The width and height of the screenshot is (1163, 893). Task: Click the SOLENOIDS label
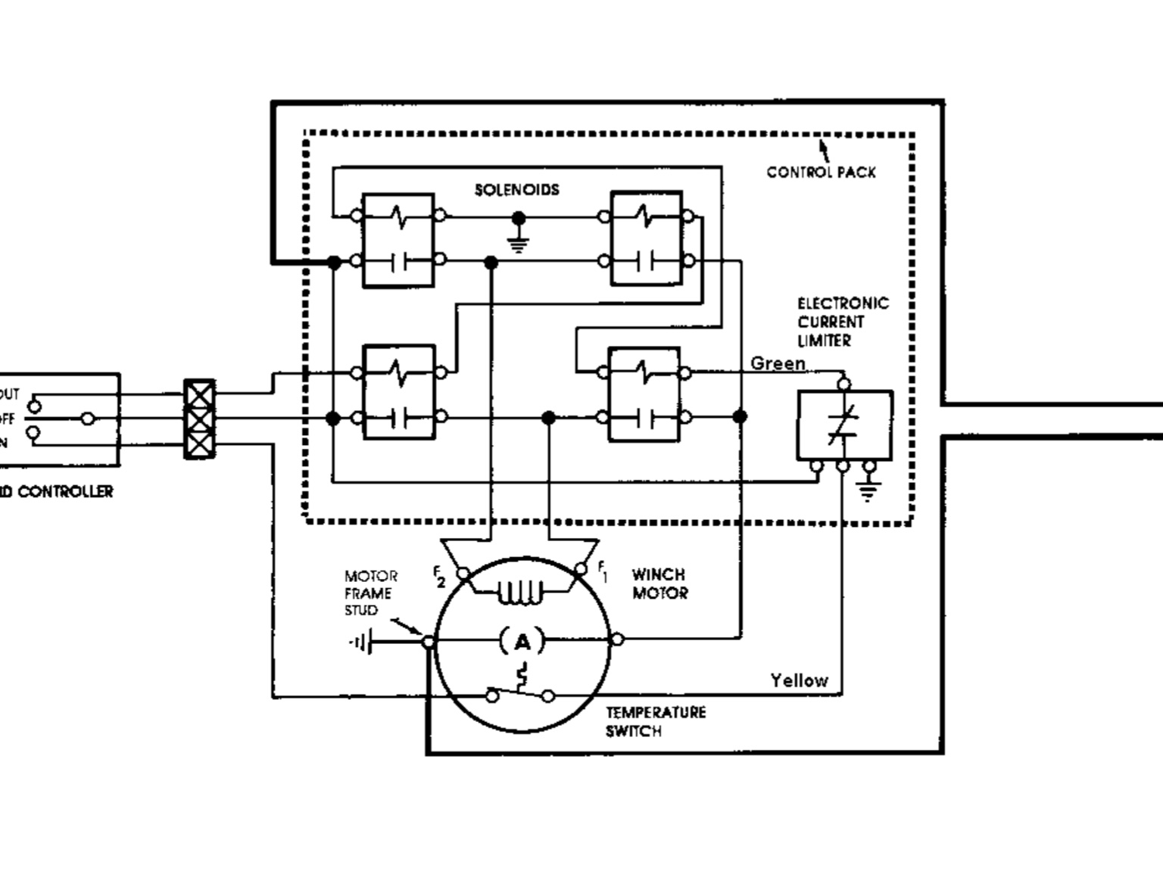click(x=517, y=189)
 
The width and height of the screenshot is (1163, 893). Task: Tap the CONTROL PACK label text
click(x=821, y=172)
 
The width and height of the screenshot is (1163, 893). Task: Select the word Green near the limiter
click(x=778, y=364)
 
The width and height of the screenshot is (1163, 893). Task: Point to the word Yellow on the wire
click(x=799, y=680)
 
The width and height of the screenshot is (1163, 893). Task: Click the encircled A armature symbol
click(x=522, y=643)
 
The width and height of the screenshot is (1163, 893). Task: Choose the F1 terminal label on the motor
click(x=603, y=571)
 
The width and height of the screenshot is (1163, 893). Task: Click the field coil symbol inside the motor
click(x=520, y=593)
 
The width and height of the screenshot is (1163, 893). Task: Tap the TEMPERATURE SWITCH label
click(x=655, y=721)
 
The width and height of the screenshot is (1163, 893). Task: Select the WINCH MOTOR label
click(x=659, y=583)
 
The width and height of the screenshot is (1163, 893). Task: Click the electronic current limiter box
click(x=844, y=425)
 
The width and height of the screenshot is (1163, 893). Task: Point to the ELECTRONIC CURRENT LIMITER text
click(x=842, y=322)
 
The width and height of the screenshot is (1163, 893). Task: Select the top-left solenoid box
click(x=398, y=240)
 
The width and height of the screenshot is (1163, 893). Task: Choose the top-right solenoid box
click(x=646, y=238)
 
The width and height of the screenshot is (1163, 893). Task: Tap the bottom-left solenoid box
click(x=399, y=391)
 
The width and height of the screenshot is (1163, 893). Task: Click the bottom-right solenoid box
click(x=644, y=394)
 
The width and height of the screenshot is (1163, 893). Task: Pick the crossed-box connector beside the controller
click(x=199, y=418)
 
